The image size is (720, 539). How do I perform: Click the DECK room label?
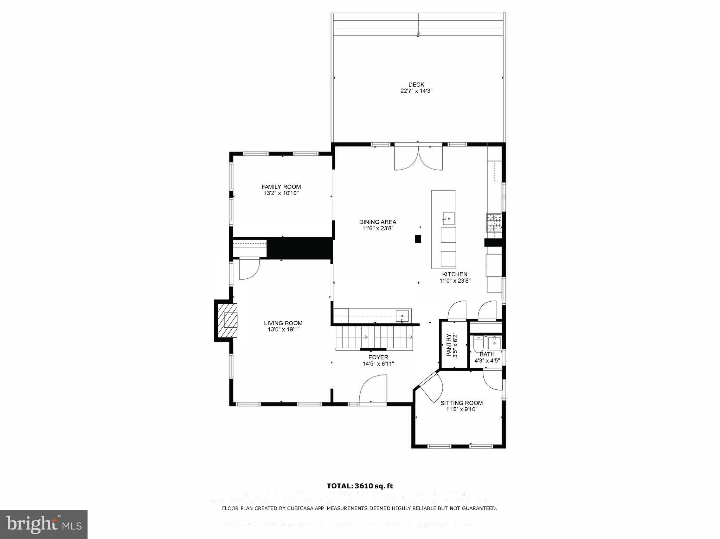tap(416, 85)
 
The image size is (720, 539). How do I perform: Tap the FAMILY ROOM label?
tap(281, 187)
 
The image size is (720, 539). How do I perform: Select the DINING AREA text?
tap(378, 222)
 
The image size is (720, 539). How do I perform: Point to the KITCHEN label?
tap(455, 274)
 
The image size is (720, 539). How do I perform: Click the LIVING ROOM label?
tap(283, 323)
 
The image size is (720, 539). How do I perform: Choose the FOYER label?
tap(378, 357)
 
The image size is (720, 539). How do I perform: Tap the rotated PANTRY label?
tap(449, 345)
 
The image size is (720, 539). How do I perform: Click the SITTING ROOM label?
tap(462, 403)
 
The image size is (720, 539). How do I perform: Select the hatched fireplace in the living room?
tap(227, 320)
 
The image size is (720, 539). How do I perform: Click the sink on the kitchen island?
tap(448, 218)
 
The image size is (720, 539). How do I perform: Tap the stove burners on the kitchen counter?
tap(494, 223)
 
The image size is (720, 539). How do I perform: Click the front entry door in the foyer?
tap(373, 390)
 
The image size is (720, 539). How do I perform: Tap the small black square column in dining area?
tap(418, 239)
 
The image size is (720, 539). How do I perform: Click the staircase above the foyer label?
tap(374, 337)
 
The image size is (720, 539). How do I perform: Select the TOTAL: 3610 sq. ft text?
tap(360, 486)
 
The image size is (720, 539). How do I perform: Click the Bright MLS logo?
tap(44, 524)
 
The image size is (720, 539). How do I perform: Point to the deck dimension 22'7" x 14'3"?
tap(416, 91)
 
